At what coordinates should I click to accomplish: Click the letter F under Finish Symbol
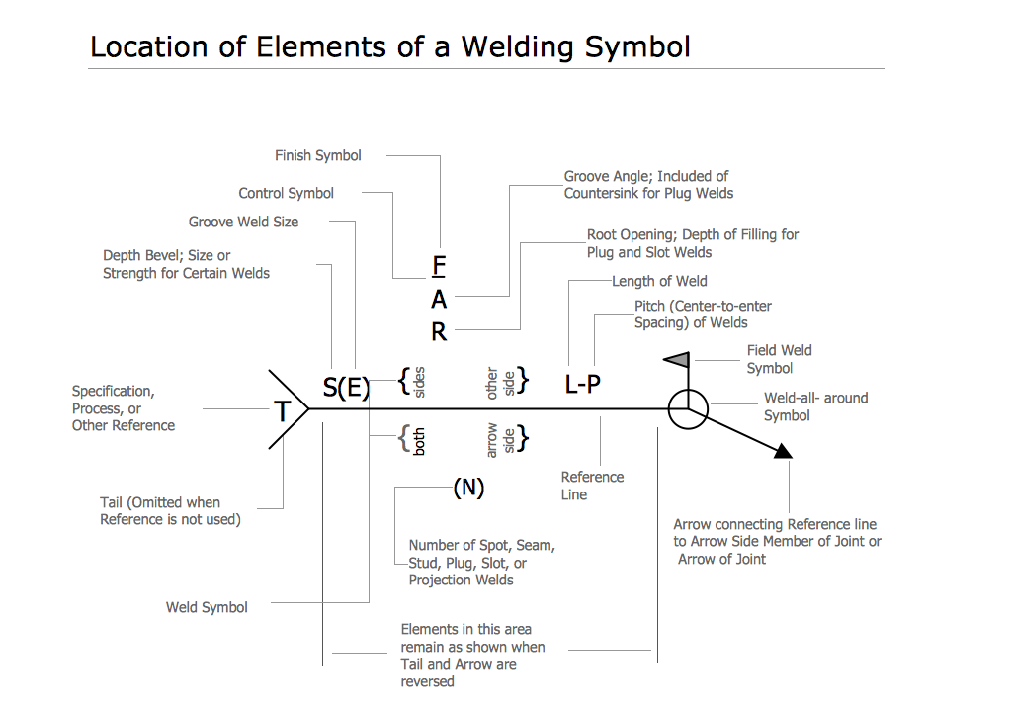(x=440, y=266)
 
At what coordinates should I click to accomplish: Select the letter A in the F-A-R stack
(x=439, y=300)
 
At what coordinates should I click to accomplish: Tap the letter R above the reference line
(x=439, y=332)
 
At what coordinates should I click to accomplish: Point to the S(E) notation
(x=346, y=389)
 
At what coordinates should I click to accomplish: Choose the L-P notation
(x=582, y=385)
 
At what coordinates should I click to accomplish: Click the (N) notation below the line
(x=468, y=488)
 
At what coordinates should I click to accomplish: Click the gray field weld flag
(x=676, y=360)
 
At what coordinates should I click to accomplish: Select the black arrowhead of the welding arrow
(x=783, y=452)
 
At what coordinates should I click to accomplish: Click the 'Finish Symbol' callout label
(x=317, y=155)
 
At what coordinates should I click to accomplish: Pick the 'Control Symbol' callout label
(x=287, y=194)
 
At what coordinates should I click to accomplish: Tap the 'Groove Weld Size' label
(x=243, y=222)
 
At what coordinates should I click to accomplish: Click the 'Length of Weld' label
(x=659, y=281)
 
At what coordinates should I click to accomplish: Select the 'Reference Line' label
(x=592, y=486)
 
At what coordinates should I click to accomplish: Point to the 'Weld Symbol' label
(x=207, y=607)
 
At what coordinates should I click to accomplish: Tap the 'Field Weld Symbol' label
(x=779, y=359)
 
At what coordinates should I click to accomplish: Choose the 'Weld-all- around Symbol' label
(x=815, y=406)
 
